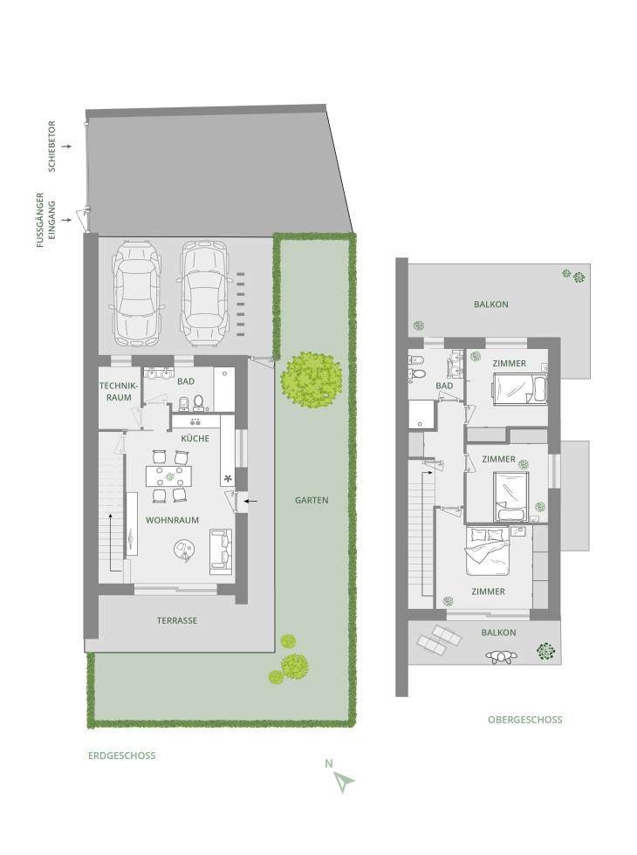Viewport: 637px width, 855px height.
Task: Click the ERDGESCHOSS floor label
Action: pyautogui.click(x=122, y=756)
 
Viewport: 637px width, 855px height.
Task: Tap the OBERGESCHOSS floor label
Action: pyautogui.click(x=524, y=720)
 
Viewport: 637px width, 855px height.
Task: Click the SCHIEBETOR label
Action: pyautogui.click(x=52, y=147)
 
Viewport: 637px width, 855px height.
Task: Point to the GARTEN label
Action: pyautogui.click(x=312, y=500)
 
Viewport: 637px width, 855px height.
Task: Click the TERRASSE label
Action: pyautogui.click(x=176, y=620)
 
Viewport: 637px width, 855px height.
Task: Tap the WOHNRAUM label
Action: pyautogui.click(x=172, y=520)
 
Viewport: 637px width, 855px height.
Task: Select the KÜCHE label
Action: pyautogui.click(x=195, y=438)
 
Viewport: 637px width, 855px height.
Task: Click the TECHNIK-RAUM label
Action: pyautogui.click(x=119, y=392)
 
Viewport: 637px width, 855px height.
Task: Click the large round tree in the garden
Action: pyautogui.click(x=312, y=379)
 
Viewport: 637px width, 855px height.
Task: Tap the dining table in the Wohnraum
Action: pyautogui.click(x=169, y=476)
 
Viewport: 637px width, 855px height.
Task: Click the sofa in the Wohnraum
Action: pyautogui.click(x=221, y=551)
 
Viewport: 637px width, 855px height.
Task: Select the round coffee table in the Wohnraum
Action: pyautogui.click(x=184, y=549)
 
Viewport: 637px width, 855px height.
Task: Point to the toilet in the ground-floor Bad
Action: pyautogui.click(x=199, y=403)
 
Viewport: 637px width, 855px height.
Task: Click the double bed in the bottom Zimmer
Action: pyautogui.click(x=488, y=551)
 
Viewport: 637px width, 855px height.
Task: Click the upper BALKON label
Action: pyautogui.click(x=490, y=304)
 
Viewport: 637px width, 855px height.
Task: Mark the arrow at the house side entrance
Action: pyautogui.click(x=250, y=501)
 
